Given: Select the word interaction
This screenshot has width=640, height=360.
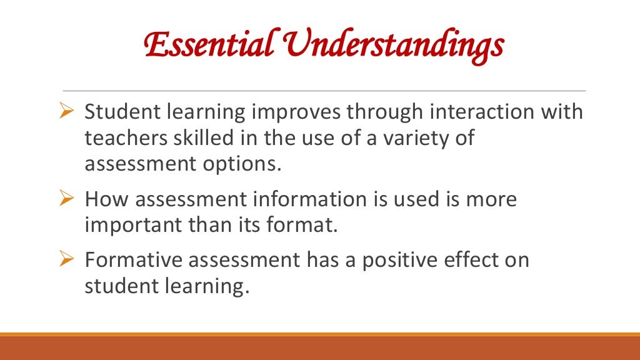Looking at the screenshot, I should tap(468, 112).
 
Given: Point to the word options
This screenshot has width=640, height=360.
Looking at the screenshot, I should tap(246, 165).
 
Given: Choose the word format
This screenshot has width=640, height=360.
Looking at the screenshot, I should tap(307, 224).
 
